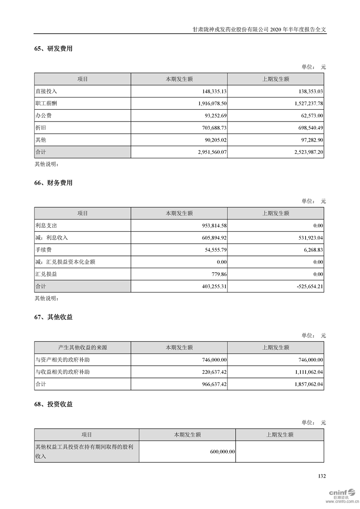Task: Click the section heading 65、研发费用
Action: tap(53, 49)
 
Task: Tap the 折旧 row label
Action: tap(41, 128)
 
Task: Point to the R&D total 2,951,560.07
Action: tap(206, 152)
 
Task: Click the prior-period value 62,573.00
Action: tap(311, 116)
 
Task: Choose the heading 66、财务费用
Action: tap(53, 183)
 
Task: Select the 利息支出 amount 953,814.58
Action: tap(209, 225)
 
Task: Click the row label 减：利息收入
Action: tap(51, 238)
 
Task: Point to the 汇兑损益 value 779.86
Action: tap(218, 274)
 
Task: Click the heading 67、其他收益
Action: tap(53, 318)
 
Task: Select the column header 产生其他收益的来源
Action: tap(83, 348)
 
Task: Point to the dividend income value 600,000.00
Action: tap(220, 452)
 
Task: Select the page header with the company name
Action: tap(259, 29)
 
